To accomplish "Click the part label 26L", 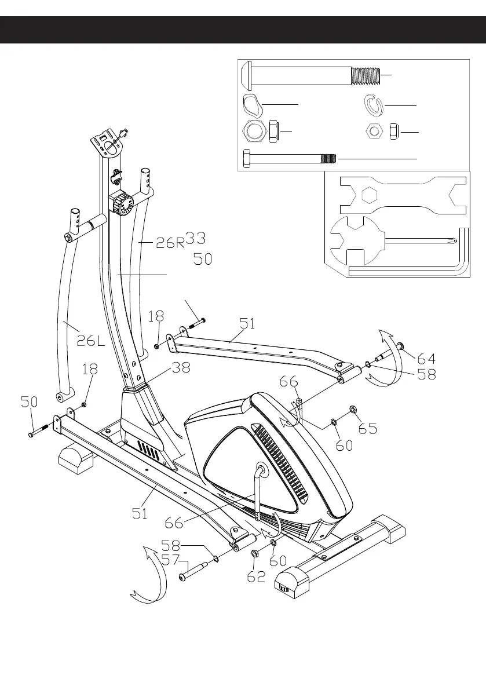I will click(x=91, y=341).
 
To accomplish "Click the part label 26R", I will click(x=170, y=243).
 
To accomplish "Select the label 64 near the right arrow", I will click(x=425, y=358).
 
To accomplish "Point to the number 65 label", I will click(x=367, y=429).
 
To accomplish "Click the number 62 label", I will click(x=256, y=576).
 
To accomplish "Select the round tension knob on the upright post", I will click(x=122, y=205).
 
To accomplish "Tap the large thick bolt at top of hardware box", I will click(x=313, y=75).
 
